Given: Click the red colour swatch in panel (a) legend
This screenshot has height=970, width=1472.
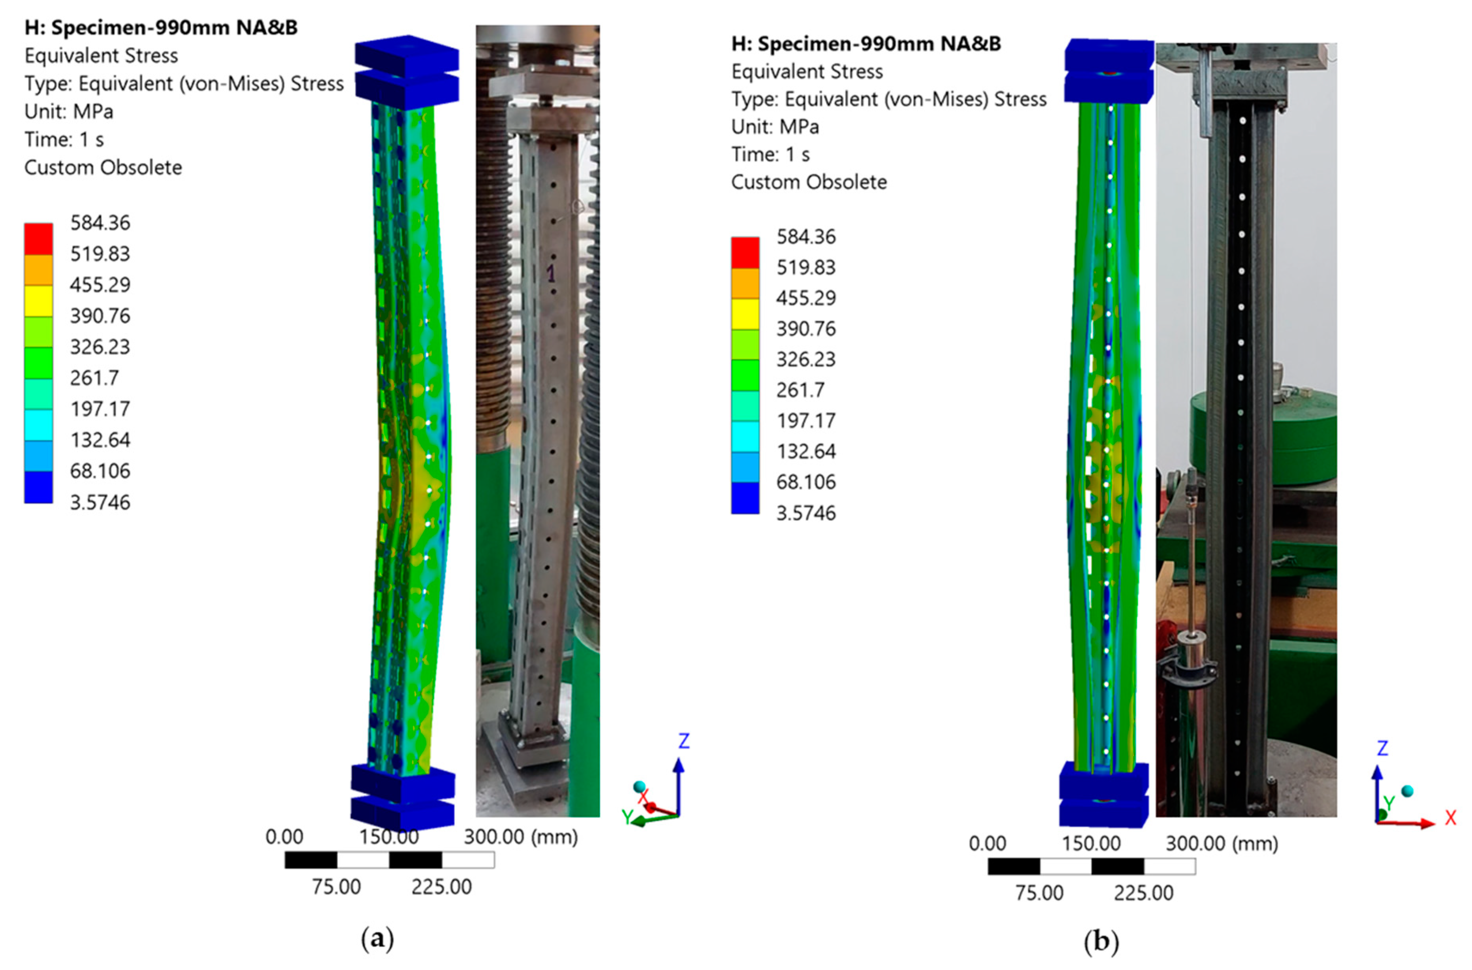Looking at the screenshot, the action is click(38, 239).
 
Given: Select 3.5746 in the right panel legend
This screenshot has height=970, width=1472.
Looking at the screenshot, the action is click(806, 513).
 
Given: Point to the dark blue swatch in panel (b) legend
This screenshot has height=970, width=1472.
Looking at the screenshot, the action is click(745, 498).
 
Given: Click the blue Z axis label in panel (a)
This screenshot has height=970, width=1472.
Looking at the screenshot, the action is click(683, 741).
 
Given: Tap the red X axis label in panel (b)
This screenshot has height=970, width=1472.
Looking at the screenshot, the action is click(1450, 818).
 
